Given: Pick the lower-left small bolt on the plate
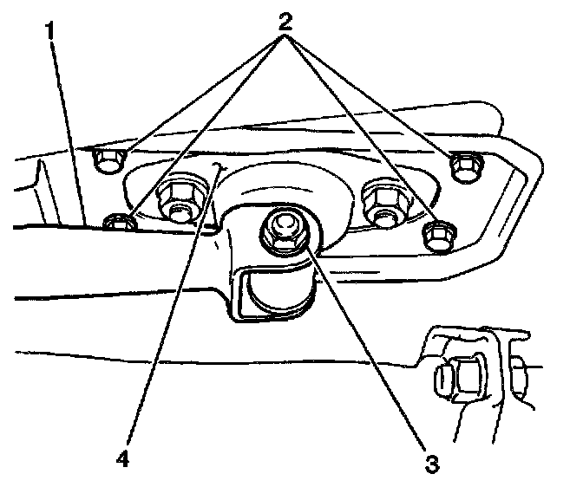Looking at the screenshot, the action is (118, 224).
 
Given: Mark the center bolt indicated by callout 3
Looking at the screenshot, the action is (285, 231).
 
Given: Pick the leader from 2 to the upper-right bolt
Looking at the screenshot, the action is (373, 95).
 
